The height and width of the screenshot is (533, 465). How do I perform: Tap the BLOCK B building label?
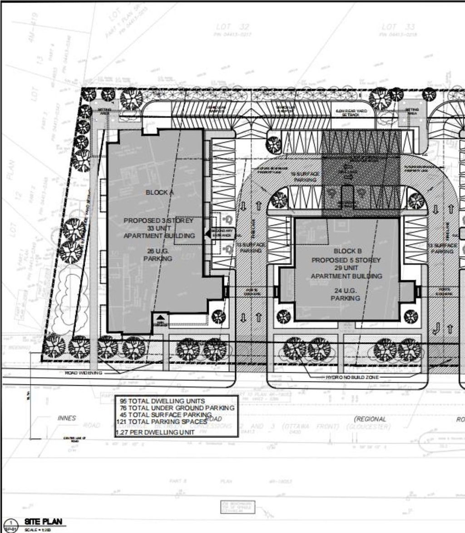tap(347, 251)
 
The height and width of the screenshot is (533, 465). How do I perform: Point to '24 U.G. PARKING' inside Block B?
tap(346, 294)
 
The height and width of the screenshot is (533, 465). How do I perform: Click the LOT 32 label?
tap(232, 27)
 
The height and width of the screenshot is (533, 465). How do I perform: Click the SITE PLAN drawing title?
tap(43, 522)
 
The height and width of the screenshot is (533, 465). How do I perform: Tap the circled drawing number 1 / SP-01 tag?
tap(8, 525)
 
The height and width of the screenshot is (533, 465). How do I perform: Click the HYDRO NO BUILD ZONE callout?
tap(352, 377)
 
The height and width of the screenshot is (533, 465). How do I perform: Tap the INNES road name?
tap(67, 418)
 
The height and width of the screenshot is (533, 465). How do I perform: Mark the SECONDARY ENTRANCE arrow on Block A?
tap(208, 233)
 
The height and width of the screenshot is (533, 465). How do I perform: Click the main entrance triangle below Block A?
tap(159, 317)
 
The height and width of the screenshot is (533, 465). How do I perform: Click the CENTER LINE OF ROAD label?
tap(73, 439)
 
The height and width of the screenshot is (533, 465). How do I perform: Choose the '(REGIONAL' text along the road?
tap(370, 419)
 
